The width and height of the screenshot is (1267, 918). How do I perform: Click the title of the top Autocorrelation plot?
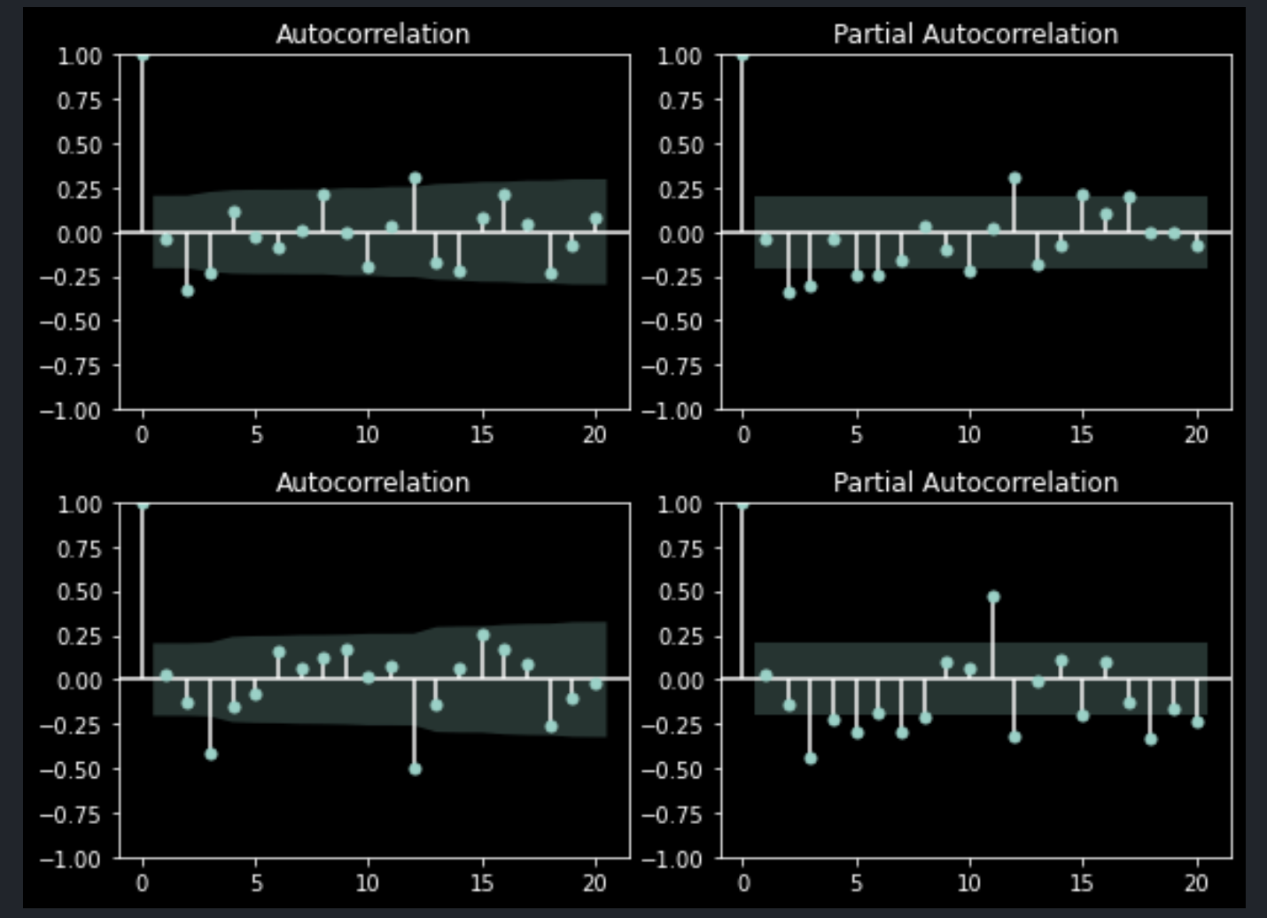[x=373, y=35]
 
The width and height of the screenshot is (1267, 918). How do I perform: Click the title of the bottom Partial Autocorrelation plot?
[x=976, y=483]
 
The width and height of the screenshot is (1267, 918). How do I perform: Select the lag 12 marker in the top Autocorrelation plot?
[x=415, y=179]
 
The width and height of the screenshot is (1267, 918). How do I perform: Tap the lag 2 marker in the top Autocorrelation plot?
[x=188, y=292]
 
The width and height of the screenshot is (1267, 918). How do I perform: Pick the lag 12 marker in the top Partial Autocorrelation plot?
[x=1014, y=179]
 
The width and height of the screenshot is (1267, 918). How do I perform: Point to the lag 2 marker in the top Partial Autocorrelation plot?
[x=789, y=293]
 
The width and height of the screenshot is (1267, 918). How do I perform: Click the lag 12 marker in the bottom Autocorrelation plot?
[x=415, y=769]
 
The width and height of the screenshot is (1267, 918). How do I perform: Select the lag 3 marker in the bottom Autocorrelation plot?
[x=211, y=754]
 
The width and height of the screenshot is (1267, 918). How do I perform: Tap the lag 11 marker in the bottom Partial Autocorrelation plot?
[x=993, y=597]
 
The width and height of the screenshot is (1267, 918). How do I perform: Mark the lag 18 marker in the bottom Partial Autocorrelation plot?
[x=1151, y=739]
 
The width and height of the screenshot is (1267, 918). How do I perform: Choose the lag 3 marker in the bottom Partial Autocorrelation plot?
[x=811, y=759]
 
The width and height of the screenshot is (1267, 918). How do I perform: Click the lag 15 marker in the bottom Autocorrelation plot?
[x=483, y=635]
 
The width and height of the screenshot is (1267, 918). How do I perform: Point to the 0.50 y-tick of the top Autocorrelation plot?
[x=80, y=145]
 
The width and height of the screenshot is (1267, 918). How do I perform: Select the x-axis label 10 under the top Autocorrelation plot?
[x=368, y=436]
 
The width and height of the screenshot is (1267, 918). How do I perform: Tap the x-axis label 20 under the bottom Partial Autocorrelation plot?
[x=1196, y=883]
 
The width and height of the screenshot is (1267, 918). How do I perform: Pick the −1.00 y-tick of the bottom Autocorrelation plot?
[x=71, y=860]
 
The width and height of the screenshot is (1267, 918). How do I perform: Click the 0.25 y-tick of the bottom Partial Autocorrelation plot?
[x=681, y=637]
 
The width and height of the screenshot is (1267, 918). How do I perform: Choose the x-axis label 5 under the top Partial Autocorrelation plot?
[x=857, y=436]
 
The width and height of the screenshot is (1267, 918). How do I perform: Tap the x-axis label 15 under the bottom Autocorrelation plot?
[x=482, y=883]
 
